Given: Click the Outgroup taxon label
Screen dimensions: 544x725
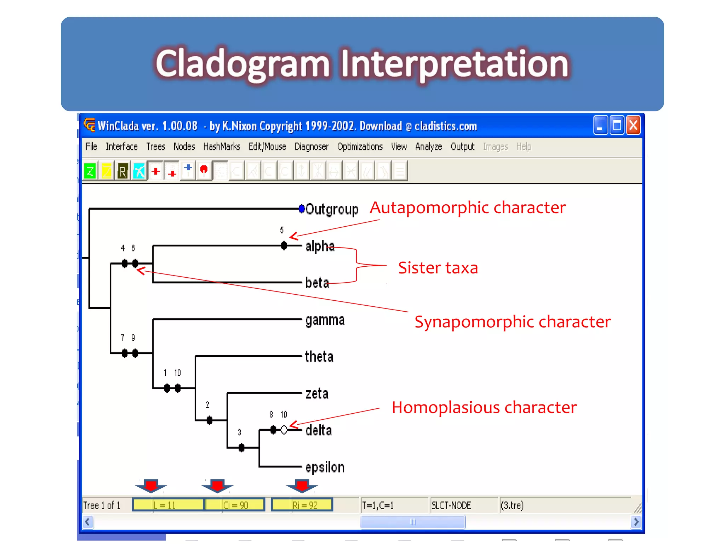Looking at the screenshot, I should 331,209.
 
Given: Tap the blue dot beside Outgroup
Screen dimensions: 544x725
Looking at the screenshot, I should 302,209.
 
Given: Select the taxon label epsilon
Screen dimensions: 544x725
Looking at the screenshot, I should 325,467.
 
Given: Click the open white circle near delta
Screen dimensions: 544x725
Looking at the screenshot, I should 284,430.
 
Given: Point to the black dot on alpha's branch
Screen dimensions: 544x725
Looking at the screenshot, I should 284,245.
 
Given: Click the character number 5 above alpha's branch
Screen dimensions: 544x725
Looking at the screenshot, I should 282,230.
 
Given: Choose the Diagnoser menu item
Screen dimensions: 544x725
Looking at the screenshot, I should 311,147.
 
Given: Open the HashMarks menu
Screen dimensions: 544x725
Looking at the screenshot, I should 221,147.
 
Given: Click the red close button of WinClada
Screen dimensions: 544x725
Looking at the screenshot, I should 633,125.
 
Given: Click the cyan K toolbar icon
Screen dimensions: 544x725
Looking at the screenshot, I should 139,171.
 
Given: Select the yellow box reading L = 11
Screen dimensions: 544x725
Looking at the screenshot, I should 168,505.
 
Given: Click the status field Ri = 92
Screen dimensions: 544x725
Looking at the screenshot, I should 302,505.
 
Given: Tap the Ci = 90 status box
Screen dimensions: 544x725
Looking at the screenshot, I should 235,505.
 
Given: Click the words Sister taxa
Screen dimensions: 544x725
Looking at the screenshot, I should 438,268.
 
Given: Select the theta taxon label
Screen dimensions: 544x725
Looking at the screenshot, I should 319,357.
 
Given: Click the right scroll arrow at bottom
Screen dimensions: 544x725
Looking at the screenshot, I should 636,522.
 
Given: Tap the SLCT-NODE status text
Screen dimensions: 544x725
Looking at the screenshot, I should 451,505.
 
